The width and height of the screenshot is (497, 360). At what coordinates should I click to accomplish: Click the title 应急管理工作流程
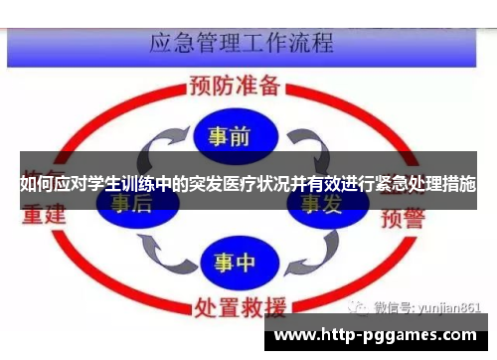coord(241,43)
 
